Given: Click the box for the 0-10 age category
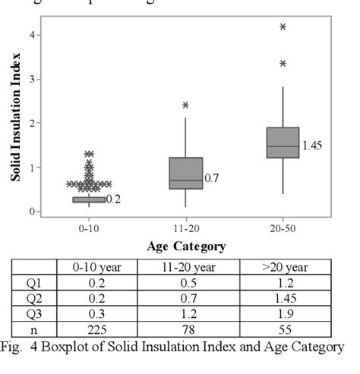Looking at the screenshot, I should [x=89, y=200].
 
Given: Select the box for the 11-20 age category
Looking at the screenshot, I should [x=186, y=173].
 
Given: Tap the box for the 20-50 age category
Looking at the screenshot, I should [x=283, y=143].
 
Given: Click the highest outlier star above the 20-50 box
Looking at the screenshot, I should [x=283, y=27].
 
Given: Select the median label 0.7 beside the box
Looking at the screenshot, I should [x=212, y=179].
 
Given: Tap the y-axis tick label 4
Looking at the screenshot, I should [x=31, y=35].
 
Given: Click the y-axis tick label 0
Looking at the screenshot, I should [x=31, y=212].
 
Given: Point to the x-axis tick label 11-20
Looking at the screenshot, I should [x=186, y=228].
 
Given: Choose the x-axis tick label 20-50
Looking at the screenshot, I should [x=283, y=228].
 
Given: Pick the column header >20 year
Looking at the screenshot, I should [x=285, y=266].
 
